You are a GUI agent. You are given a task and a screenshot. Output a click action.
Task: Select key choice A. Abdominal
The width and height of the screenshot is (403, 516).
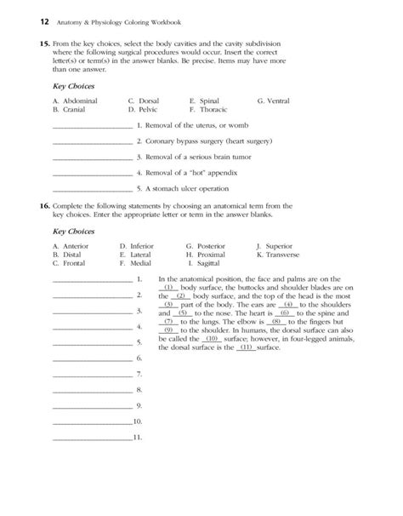(x=75, y=101)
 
